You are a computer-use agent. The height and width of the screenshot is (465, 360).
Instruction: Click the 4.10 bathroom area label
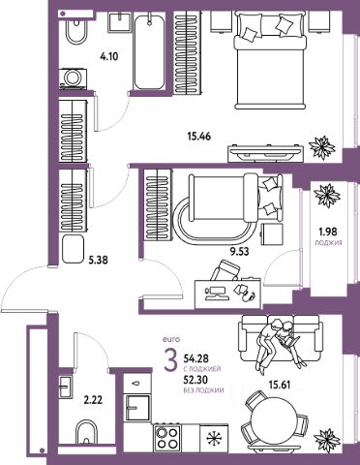[x=109, y=57]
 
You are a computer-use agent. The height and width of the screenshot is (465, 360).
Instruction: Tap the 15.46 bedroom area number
[x=199, y=137]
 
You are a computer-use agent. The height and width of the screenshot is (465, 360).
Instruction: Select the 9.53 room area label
[x=239, y=251]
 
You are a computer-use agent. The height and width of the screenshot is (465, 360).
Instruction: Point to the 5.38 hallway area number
[x=98, y=260]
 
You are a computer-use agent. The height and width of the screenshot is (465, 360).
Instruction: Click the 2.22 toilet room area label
[x=93, y=401]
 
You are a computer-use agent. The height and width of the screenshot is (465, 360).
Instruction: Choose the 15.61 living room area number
[x=280, y=385]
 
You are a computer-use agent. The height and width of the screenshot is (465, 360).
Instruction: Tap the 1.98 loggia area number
[x=328, y=232]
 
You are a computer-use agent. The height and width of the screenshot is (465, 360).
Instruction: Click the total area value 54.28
[x=196, y=358]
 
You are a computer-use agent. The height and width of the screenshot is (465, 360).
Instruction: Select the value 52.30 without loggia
[x=195, y=380]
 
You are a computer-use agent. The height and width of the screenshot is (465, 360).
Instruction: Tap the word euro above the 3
[x=171, y=339]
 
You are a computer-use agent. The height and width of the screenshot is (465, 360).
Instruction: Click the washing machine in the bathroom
[x=74, y=78]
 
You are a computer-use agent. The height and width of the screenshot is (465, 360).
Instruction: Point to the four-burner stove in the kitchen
[x=166, y=437]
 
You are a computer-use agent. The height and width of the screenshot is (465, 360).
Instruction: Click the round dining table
[x=273, y=419]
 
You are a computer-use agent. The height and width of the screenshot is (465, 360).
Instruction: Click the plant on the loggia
[x=327, y=196]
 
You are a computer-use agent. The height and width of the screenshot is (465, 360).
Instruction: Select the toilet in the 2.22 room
[x=86, y=433]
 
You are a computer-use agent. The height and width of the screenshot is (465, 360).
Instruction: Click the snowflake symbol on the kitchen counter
[x=213, y=438]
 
